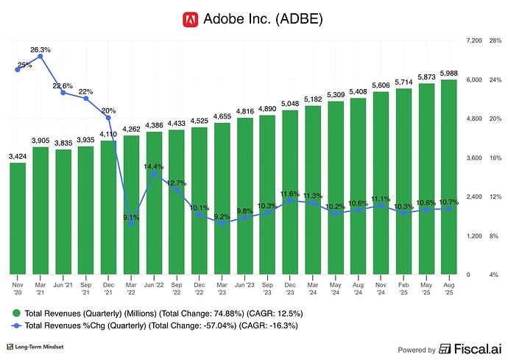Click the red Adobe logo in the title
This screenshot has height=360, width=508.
190,19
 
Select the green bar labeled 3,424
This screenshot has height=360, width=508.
18,218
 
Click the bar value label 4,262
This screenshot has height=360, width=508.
131,130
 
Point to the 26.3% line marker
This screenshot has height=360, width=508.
40,56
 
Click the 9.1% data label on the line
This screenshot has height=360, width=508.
130,217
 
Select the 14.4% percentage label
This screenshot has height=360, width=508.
153,166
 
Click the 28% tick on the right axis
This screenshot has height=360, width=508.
495,40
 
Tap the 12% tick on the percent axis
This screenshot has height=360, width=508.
495,197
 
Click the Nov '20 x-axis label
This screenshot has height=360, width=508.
18,286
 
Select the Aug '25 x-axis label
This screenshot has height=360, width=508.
448,286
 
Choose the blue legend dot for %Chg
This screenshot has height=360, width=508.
17,325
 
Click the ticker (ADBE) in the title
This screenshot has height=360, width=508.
303,19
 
